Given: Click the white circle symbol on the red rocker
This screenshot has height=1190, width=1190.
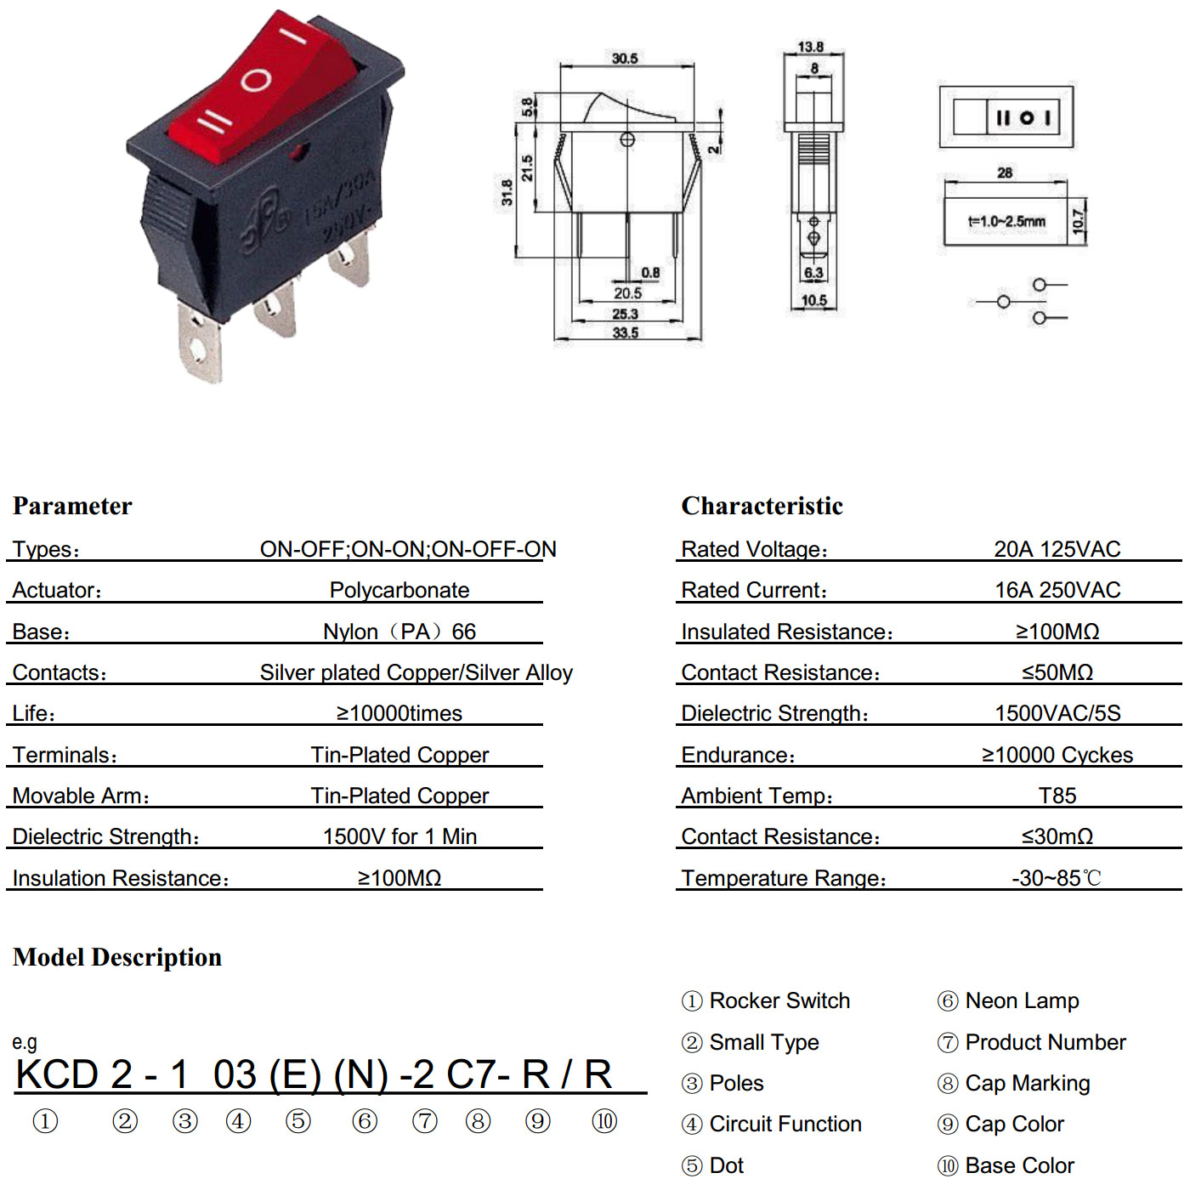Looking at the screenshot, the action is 256,80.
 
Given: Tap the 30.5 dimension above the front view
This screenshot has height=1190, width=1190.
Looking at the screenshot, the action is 625,59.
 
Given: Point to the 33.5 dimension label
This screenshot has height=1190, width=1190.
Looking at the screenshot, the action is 625,333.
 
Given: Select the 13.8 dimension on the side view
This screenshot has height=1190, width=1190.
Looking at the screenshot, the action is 810,47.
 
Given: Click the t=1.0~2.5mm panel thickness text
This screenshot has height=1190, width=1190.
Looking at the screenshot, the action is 1006,221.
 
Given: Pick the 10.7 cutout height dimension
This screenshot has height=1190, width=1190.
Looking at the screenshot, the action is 1079,221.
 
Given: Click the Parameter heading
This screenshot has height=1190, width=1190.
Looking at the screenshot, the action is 72,506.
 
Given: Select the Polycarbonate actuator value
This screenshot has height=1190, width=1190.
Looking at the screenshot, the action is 399,590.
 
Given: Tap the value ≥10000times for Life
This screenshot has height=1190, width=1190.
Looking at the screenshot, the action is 399,713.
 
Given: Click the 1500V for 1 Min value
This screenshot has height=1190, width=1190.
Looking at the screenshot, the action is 399,836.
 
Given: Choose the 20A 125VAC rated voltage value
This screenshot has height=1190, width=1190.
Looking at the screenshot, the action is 1057,549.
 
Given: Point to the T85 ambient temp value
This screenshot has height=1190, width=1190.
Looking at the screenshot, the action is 1057,796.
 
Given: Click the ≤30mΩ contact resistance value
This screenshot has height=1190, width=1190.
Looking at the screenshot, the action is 1057,836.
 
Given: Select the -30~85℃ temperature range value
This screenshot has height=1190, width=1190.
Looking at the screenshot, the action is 1057,877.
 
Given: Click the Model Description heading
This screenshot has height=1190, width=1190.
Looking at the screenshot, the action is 116,957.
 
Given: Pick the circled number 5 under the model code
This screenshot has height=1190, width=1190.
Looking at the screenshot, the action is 298,1120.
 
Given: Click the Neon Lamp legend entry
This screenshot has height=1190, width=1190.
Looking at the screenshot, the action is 1008,1000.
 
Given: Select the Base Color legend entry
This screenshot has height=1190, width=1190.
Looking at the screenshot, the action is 1006,1165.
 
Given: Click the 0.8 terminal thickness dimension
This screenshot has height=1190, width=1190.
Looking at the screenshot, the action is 650,272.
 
